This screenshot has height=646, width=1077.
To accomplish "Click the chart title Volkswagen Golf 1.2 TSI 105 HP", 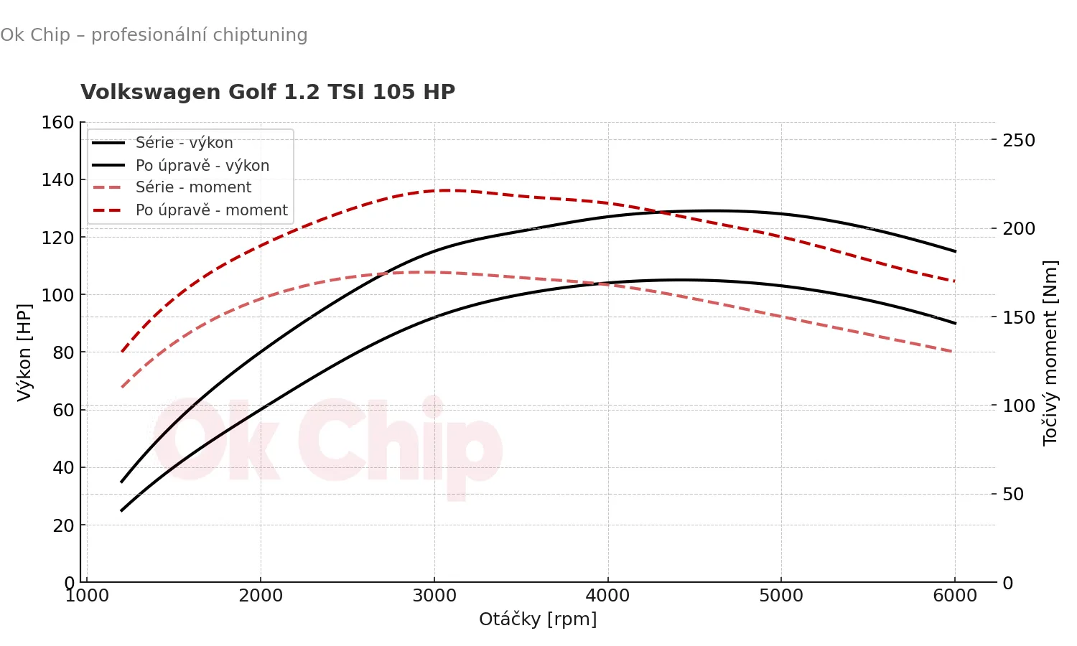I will point(268,93).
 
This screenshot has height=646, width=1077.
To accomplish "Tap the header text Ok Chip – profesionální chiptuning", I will point(154,35).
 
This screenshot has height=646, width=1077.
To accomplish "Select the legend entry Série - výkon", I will point(184,143).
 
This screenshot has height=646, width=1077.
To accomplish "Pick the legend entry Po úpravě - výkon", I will point(202,166).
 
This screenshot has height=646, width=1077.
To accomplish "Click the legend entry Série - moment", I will point(193,187).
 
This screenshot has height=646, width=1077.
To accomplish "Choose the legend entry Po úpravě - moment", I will point(211,210).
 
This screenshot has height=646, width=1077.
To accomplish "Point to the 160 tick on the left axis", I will point(58,123).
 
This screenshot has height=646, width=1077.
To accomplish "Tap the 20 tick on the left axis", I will point(63,525).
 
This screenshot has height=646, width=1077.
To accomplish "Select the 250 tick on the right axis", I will point(1019,141).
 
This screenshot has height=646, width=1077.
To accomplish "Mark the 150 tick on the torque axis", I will point(1019,317).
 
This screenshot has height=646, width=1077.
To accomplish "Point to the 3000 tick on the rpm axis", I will point(434,596).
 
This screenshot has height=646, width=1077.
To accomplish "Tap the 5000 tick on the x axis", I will point(781,596).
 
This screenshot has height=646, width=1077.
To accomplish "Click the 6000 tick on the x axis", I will point(955,596).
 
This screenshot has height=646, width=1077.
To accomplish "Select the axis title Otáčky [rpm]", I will point(538,619).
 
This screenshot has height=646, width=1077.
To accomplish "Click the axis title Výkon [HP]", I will point(24,352).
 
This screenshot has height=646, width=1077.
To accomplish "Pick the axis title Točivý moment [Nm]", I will point(1050,353).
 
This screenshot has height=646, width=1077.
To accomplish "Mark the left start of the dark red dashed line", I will point(122,352).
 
